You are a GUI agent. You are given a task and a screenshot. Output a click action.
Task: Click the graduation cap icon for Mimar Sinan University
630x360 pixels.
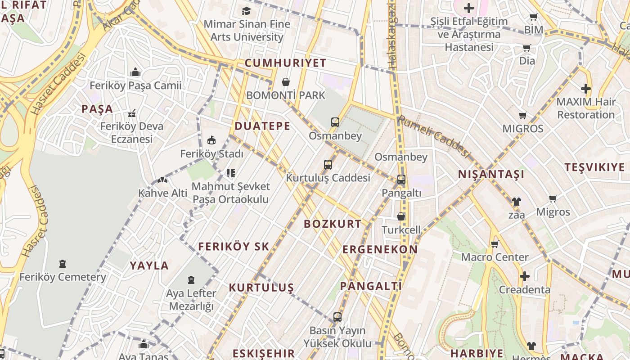tap(246, 11)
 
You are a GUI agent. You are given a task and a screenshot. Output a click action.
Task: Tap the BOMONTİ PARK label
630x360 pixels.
tap(285, 95)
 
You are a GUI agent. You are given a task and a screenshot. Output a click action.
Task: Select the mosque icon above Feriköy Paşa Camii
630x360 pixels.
tap(135, 72)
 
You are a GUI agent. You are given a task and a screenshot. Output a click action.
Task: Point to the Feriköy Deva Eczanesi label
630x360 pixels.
tap(132, 132)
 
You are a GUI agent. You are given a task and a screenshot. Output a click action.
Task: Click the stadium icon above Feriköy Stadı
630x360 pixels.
tap(211, 140)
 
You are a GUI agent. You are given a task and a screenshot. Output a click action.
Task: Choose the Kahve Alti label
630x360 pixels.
tap(162, 193)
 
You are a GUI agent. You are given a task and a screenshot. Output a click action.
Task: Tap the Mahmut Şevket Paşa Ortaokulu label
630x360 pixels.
tap(231, 193)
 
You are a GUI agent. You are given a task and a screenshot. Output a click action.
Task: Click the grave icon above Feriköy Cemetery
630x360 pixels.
tap(63, 264)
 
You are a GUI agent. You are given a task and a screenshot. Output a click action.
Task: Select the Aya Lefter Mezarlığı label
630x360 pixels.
tap(191, 300)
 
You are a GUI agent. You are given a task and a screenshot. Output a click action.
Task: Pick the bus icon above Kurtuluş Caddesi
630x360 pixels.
tap(328, 165)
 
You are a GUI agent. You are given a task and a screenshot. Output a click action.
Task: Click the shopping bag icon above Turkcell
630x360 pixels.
tap(401, 216)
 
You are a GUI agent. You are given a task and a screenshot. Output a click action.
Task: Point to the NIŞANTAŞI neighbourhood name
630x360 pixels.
tap(491, 174)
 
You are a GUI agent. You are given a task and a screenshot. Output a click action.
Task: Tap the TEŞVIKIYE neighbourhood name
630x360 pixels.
tap(594, 167)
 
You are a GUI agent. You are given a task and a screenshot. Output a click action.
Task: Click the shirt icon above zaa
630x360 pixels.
tap(516, 202)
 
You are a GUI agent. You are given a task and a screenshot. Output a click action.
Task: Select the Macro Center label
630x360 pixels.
tap(495, 257)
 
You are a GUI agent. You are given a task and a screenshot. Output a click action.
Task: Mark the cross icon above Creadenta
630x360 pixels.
tap(525, 276)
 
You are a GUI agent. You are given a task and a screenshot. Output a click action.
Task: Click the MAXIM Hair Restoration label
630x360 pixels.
tap(585, 108)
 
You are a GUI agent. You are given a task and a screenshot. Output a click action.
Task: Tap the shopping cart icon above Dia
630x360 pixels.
tap(526, 48)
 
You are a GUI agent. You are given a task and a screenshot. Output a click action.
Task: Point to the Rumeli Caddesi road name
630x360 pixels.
tap(434, 136)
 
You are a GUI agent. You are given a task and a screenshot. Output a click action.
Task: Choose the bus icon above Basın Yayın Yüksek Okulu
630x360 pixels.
tap(337, 317)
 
